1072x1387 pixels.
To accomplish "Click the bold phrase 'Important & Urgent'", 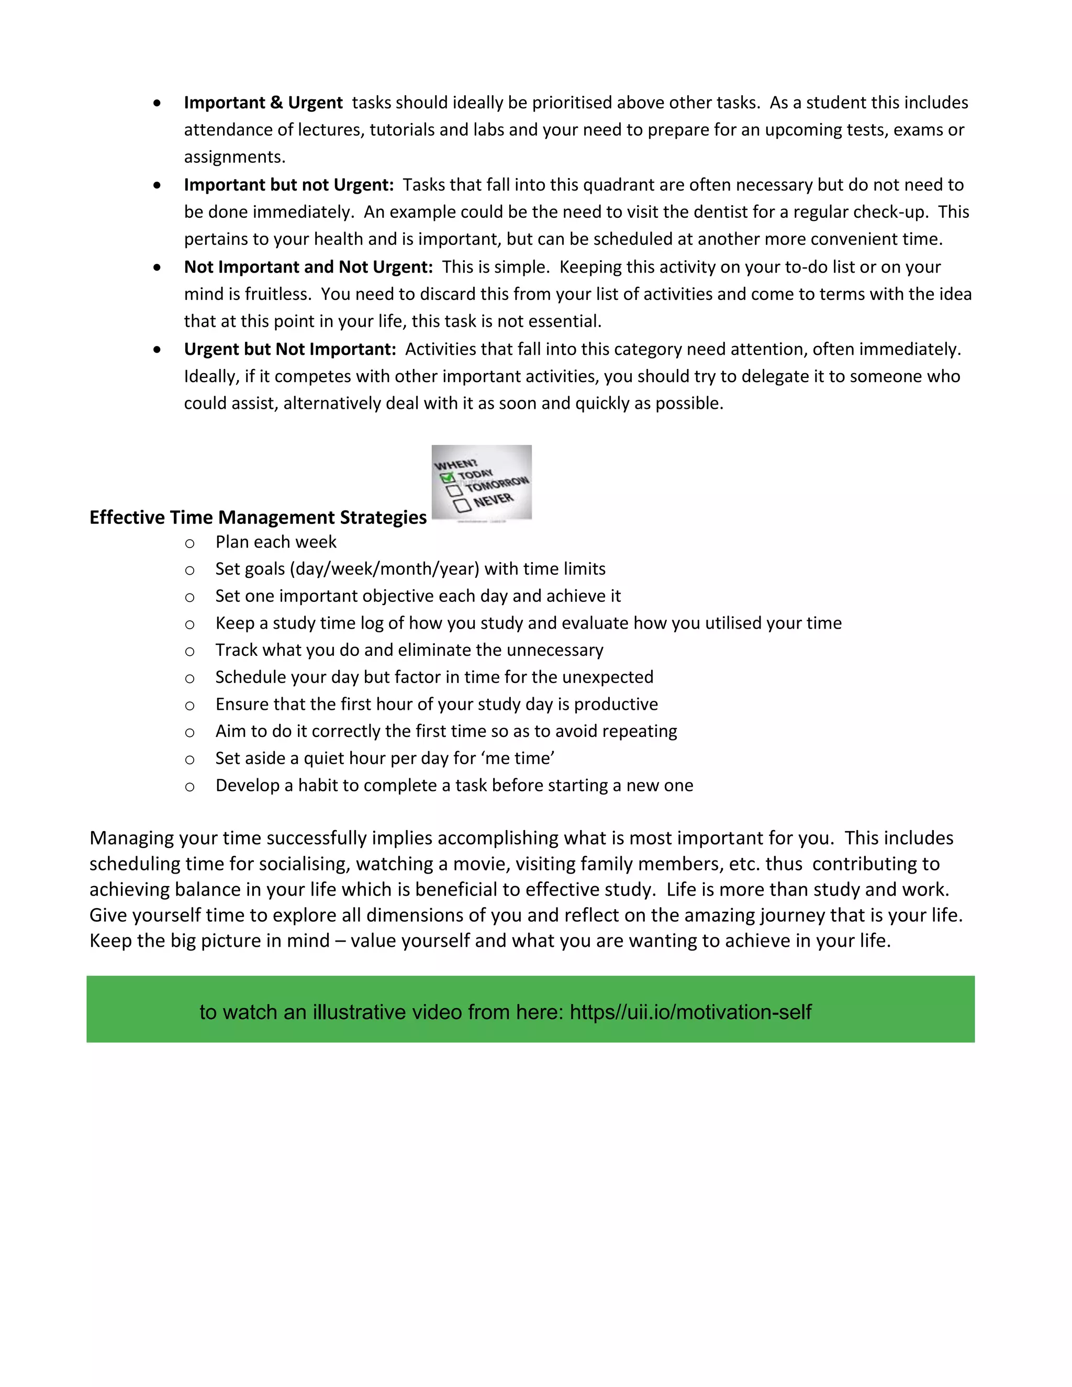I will click(263, 103).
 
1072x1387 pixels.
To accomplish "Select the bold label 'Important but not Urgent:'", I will click(288, 185).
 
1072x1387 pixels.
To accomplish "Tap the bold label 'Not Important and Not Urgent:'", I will click(308, 267).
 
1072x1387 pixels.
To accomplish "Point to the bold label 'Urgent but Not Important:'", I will click(289, 349).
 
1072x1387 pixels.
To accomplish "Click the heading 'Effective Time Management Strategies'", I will click(258, 518).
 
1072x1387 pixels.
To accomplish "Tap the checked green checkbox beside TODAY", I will click(447, 477).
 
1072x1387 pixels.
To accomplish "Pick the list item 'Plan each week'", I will click(276, 542).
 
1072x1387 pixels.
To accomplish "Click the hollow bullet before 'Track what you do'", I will click(189, 652).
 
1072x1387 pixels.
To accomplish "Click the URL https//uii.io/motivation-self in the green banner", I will click(690, 1012).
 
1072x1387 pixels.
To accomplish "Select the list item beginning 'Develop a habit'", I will click(453, 786).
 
